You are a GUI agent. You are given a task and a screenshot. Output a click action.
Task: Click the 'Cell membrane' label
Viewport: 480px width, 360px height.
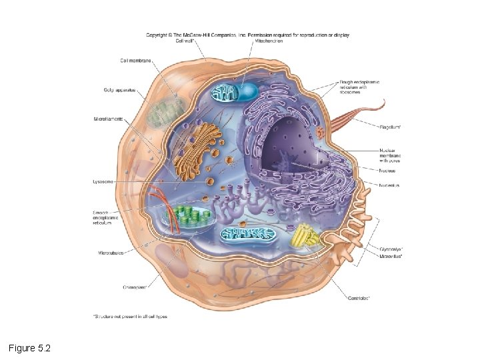136,61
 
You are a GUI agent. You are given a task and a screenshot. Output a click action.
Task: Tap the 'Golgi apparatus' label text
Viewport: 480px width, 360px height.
119,90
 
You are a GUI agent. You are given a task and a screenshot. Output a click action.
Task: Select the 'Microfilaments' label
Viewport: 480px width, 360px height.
108,119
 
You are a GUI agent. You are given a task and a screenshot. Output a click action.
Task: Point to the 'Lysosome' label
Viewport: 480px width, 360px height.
104,181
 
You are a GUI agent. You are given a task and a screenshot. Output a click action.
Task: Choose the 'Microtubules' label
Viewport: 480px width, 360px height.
111,253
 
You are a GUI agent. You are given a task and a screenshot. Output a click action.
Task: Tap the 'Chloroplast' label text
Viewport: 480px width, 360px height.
135,287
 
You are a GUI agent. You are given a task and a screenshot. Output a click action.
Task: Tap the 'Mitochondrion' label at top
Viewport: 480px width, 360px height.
270,41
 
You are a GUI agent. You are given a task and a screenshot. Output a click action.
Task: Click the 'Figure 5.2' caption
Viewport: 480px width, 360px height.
30,348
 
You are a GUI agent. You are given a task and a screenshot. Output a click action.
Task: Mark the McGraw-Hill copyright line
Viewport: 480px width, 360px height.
247,35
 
